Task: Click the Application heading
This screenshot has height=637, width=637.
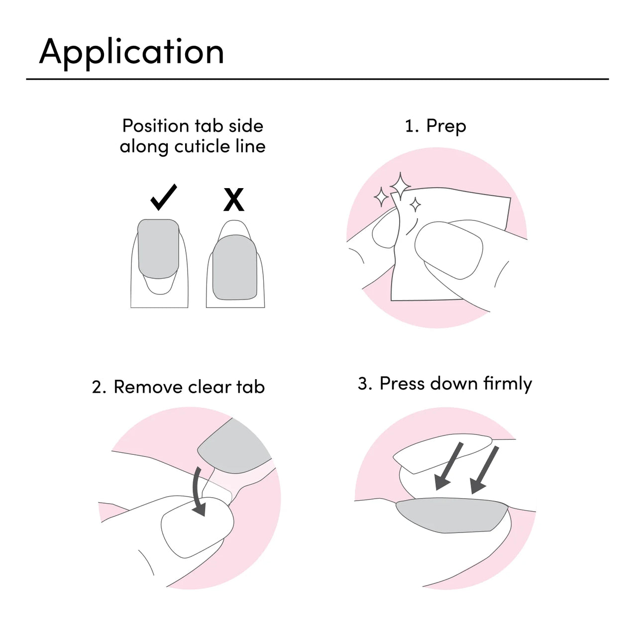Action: pos(131,52)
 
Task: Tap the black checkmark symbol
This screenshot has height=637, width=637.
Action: pos(164,197)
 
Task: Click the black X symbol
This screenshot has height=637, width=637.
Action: pos(234,200)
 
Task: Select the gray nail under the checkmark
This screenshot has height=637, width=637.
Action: pos(158,246)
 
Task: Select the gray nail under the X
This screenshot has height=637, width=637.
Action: pos(235,268)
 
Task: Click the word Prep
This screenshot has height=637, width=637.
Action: pos(446,126)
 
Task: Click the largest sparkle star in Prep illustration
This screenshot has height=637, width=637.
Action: pos(401,186)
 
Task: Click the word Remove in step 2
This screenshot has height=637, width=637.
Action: pos(148,387)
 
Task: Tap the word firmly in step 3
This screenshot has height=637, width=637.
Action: pos(508,384)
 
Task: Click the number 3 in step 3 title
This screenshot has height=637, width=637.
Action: pos(364,384)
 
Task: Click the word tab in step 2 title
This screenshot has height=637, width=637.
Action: pos(250,387)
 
